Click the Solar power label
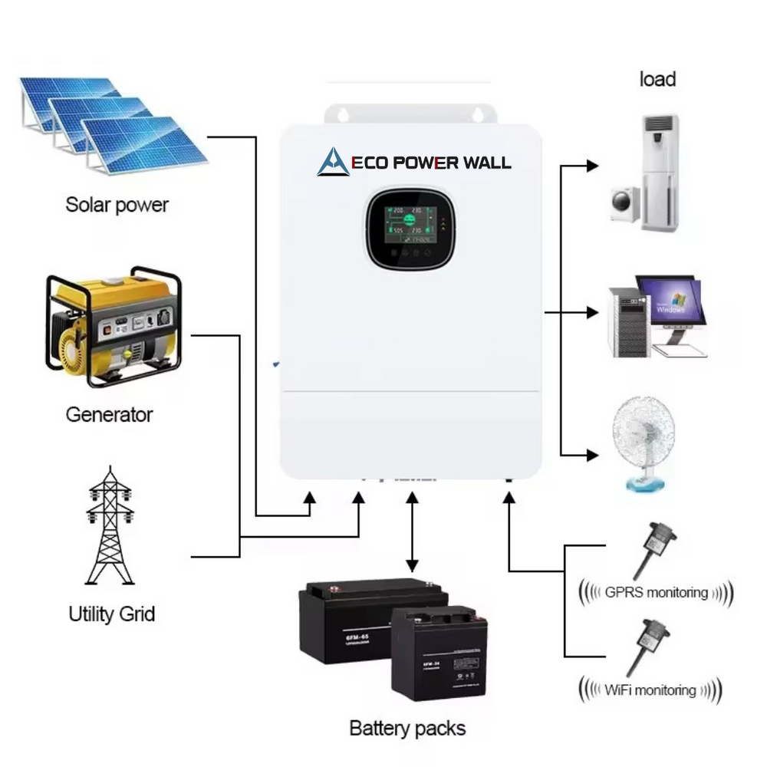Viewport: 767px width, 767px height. pyautogui.click(x=117, y=205)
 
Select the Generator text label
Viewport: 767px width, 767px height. pyautogui.click(x=109, y=415)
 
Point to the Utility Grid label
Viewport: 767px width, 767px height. pyautogui.click(x=112, y=614)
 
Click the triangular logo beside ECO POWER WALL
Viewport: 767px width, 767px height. pyautogui.click(x=333, y=162)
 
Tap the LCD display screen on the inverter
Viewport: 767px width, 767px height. pyautogui.click(x=405, y=228)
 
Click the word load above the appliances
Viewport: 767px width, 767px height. pyautogui.click(x=657, y=79)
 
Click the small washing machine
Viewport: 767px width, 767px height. pyautogui.click(x=625, y=204)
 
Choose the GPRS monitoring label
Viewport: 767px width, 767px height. pyautogui.click(x=655, y=592)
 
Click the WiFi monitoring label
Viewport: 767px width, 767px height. pyautogui.click(x=650, y=690)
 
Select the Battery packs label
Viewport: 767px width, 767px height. pyautogui.click(x=407, y=727)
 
